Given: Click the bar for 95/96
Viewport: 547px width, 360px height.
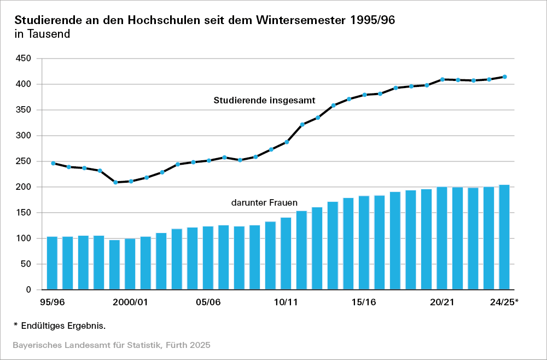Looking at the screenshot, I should point(52,263).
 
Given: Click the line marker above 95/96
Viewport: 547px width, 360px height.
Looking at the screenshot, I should point(53,163).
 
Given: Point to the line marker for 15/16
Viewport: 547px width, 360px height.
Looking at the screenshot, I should point(364,95).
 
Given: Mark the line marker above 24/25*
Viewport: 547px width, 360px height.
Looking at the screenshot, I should point(505,77).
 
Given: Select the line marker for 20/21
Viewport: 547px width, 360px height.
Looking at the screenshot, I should point(442,79).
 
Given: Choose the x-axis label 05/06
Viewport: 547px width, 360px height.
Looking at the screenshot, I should point(208,303).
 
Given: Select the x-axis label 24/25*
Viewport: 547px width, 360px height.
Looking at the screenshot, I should point(504,303).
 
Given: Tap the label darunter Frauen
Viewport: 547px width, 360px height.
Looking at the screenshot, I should point(264,202).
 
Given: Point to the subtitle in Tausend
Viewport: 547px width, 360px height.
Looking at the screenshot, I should point(42,34).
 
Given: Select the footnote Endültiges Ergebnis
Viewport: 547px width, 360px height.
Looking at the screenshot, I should point(63,326).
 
